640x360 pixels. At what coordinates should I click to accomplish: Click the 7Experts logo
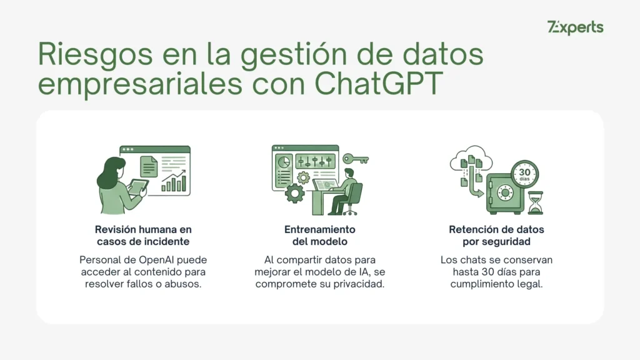tap(575, 27)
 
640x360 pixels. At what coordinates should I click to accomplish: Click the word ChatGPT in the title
tap(378, 84)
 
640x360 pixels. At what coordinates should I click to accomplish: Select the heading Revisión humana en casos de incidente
tap(143, 236)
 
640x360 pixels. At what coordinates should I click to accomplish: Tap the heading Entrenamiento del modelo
tap(320, 236)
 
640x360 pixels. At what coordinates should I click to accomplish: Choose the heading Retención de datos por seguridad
tap(496, 236)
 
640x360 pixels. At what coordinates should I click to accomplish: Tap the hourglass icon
tap(536, 203)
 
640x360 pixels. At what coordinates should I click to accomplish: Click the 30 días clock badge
tap(524, 174)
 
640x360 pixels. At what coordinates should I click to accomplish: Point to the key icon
tap(356, 159)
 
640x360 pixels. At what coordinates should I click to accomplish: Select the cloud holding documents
tap(471, 159)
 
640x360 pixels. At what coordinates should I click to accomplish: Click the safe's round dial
tap(505, 192)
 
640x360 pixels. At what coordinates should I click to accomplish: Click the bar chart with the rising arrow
tap(174, 181)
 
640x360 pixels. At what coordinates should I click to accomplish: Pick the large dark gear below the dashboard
tap(294, 193)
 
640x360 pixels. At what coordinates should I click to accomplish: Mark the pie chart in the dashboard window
tap(284, 162)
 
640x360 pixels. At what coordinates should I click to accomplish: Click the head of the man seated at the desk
tap(349, 172)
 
